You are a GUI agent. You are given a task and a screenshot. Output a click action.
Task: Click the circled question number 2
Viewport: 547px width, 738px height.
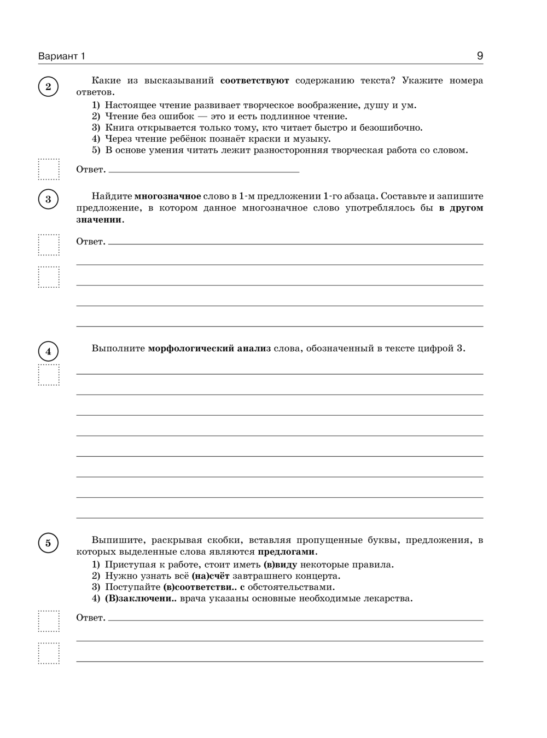48,86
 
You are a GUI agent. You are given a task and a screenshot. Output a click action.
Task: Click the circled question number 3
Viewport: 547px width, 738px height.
48,199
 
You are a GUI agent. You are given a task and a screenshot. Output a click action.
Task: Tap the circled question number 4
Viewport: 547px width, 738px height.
48,351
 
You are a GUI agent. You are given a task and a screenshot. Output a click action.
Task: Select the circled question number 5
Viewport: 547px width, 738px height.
48,543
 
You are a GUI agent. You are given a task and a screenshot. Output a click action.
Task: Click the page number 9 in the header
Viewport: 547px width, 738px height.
480,56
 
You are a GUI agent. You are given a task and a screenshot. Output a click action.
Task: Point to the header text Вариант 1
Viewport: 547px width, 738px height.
62,56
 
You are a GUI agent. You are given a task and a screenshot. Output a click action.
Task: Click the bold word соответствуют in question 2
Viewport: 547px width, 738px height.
254,81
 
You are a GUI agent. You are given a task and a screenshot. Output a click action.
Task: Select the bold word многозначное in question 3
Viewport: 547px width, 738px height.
167,196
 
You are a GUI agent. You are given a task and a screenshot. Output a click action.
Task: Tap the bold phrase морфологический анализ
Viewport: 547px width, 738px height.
209,348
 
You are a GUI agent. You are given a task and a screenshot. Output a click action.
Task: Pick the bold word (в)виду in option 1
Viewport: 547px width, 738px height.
280,565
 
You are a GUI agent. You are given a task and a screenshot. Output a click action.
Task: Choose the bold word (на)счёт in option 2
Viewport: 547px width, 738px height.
211,576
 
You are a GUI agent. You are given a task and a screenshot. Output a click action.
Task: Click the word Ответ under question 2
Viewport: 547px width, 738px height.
90,170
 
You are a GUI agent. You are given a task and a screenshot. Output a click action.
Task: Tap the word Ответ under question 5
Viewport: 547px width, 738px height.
90,618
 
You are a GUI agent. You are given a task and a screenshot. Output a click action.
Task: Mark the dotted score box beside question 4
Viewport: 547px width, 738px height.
49,375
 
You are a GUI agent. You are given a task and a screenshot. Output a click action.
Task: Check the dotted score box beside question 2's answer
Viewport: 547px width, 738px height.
49,169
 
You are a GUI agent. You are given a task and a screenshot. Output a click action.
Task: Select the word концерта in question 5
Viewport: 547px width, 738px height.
318,576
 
